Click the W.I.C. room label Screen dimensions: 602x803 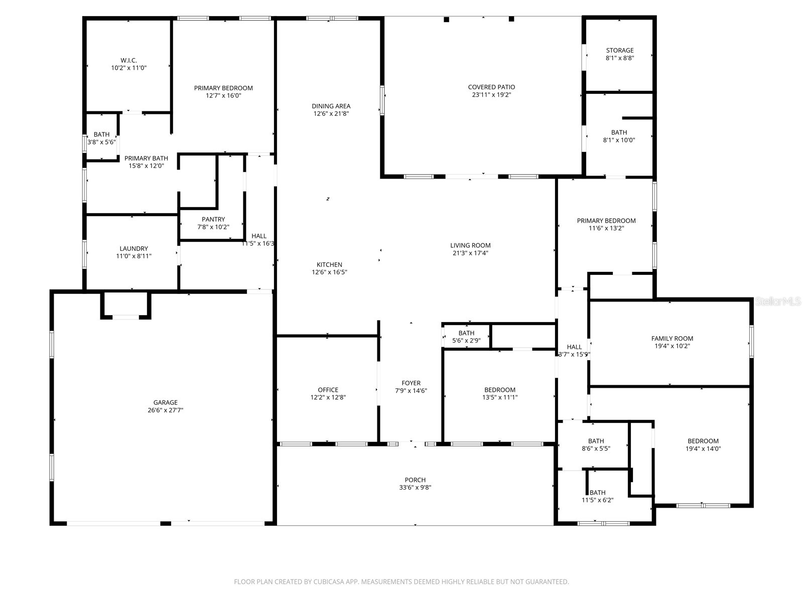pos(128,60)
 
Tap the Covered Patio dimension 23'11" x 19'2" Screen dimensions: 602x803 pos(491,94)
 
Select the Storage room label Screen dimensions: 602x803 pos(619,50)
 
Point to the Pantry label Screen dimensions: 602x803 pos(213,219)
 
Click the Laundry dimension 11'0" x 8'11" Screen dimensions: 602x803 pos(133,256)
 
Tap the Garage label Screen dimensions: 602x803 pos(165,402)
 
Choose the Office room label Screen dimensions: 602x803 pos(328,390)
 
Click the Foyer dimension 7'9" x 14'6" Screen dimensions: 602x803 pos(411,390)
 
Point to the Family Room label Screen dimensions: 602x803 pos(672,338)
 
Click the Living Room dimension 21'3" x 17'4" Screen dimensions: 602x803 pos(470,253)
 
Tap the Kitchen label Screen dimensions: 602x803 pos(329,264)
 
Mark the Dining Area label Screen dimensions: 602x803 pos(331,106)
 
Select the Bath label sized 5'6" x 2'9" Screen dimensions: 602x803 pos(466,333)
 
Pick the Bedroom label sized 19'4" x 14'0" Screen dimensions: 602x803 pos(703,441)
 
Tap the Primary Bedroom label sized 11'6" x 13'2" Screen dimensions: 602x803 pos(606,220)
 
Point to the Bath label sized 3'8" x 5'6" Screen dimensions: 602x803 pos(101,134)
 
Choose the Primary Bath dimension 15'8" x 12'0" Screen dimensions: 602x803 pos(146,166)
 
